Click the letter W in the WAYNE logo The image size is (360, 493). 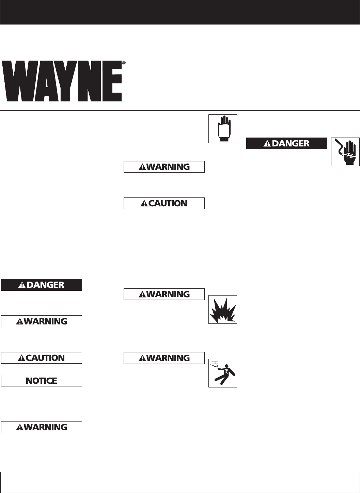(x=19, y=81)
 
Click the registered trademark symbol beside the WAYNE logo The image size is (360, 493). (x=124, y=63)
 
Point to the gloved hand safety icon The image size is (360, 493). (x=223, y=129)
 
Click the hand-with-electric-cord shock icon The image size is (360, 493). (x=345, y=152)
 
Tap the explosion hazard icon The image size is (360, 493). (x=223, y=309)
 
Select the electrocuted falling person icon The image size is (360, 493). (x=223, y=373)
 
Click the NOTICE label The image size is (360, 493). (x=42, y=381)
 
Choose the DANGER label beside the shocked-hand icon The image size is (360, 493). (x=287, y=143)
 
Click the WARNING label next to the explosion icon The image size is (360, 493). (x=164, y=294)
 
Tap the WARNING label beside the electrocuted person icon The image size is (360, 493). (x=164, y=358)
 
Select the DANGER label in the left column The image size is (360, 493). (x=42, y=285)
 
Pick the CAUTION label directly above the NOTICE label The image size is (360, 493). (x=42, y=358)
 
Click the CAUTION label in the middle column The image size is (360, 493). (x=164, y=203)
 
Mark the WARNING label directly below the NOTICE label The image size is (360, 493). (x=42, y=427)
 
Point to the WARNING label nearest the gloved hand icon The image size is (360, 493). (x=164, y=167)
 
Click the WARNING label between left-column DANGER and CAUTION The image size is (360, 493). (x=42, y=321)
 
